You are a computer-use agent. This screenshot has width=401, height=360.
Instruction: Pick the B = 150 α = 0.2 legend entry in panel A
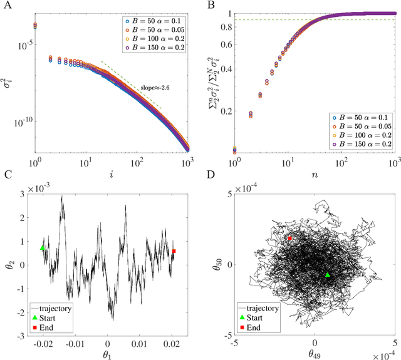point(153,48)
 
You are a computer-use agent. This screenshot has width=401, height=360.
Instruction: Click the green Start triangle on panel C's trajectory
point(43,248)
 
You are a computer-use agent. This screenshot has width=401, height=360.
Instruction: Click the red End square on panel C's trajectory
point(174,251)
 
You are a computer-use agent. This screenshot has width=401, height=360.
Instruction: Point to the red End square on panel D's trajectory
point(289,239)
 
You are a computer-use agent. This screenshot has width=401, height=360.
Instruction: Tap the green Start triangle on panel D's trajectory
point(328,274)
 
